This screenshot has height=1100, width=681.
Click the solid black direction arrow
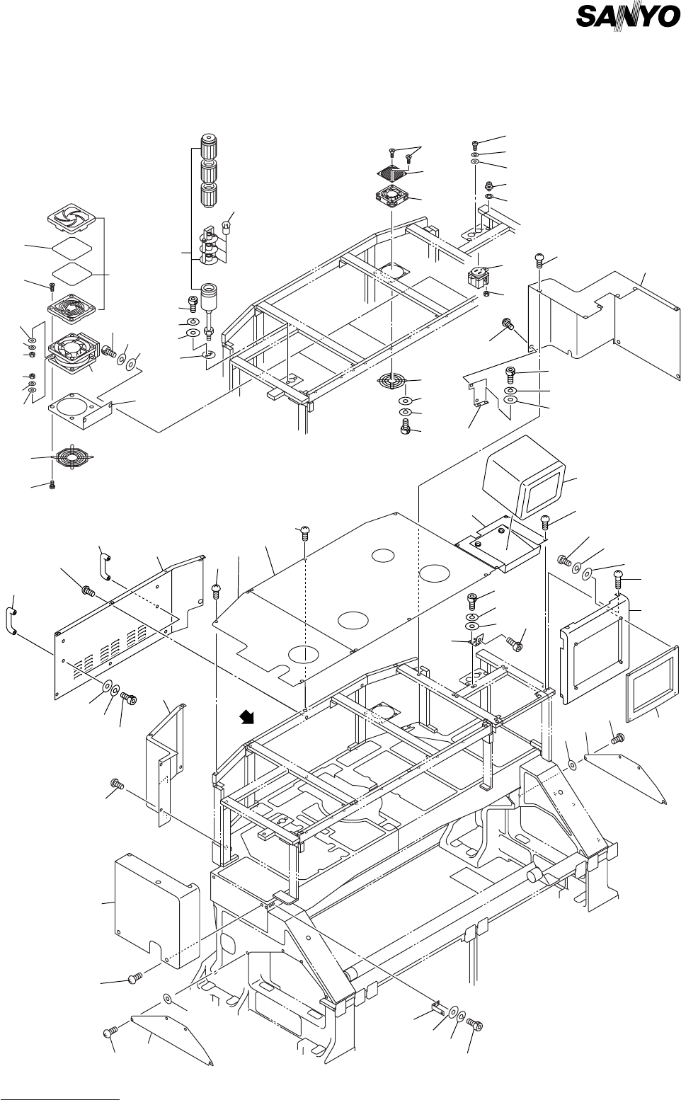pyautogui.click(x=248, y=718)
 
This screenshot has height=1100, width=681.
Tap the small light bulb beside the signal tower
pyautogui.click(x=227, y=227)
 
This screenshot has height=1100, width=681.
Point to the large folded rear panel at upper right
pyautogui.click(x=602, y=311)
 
